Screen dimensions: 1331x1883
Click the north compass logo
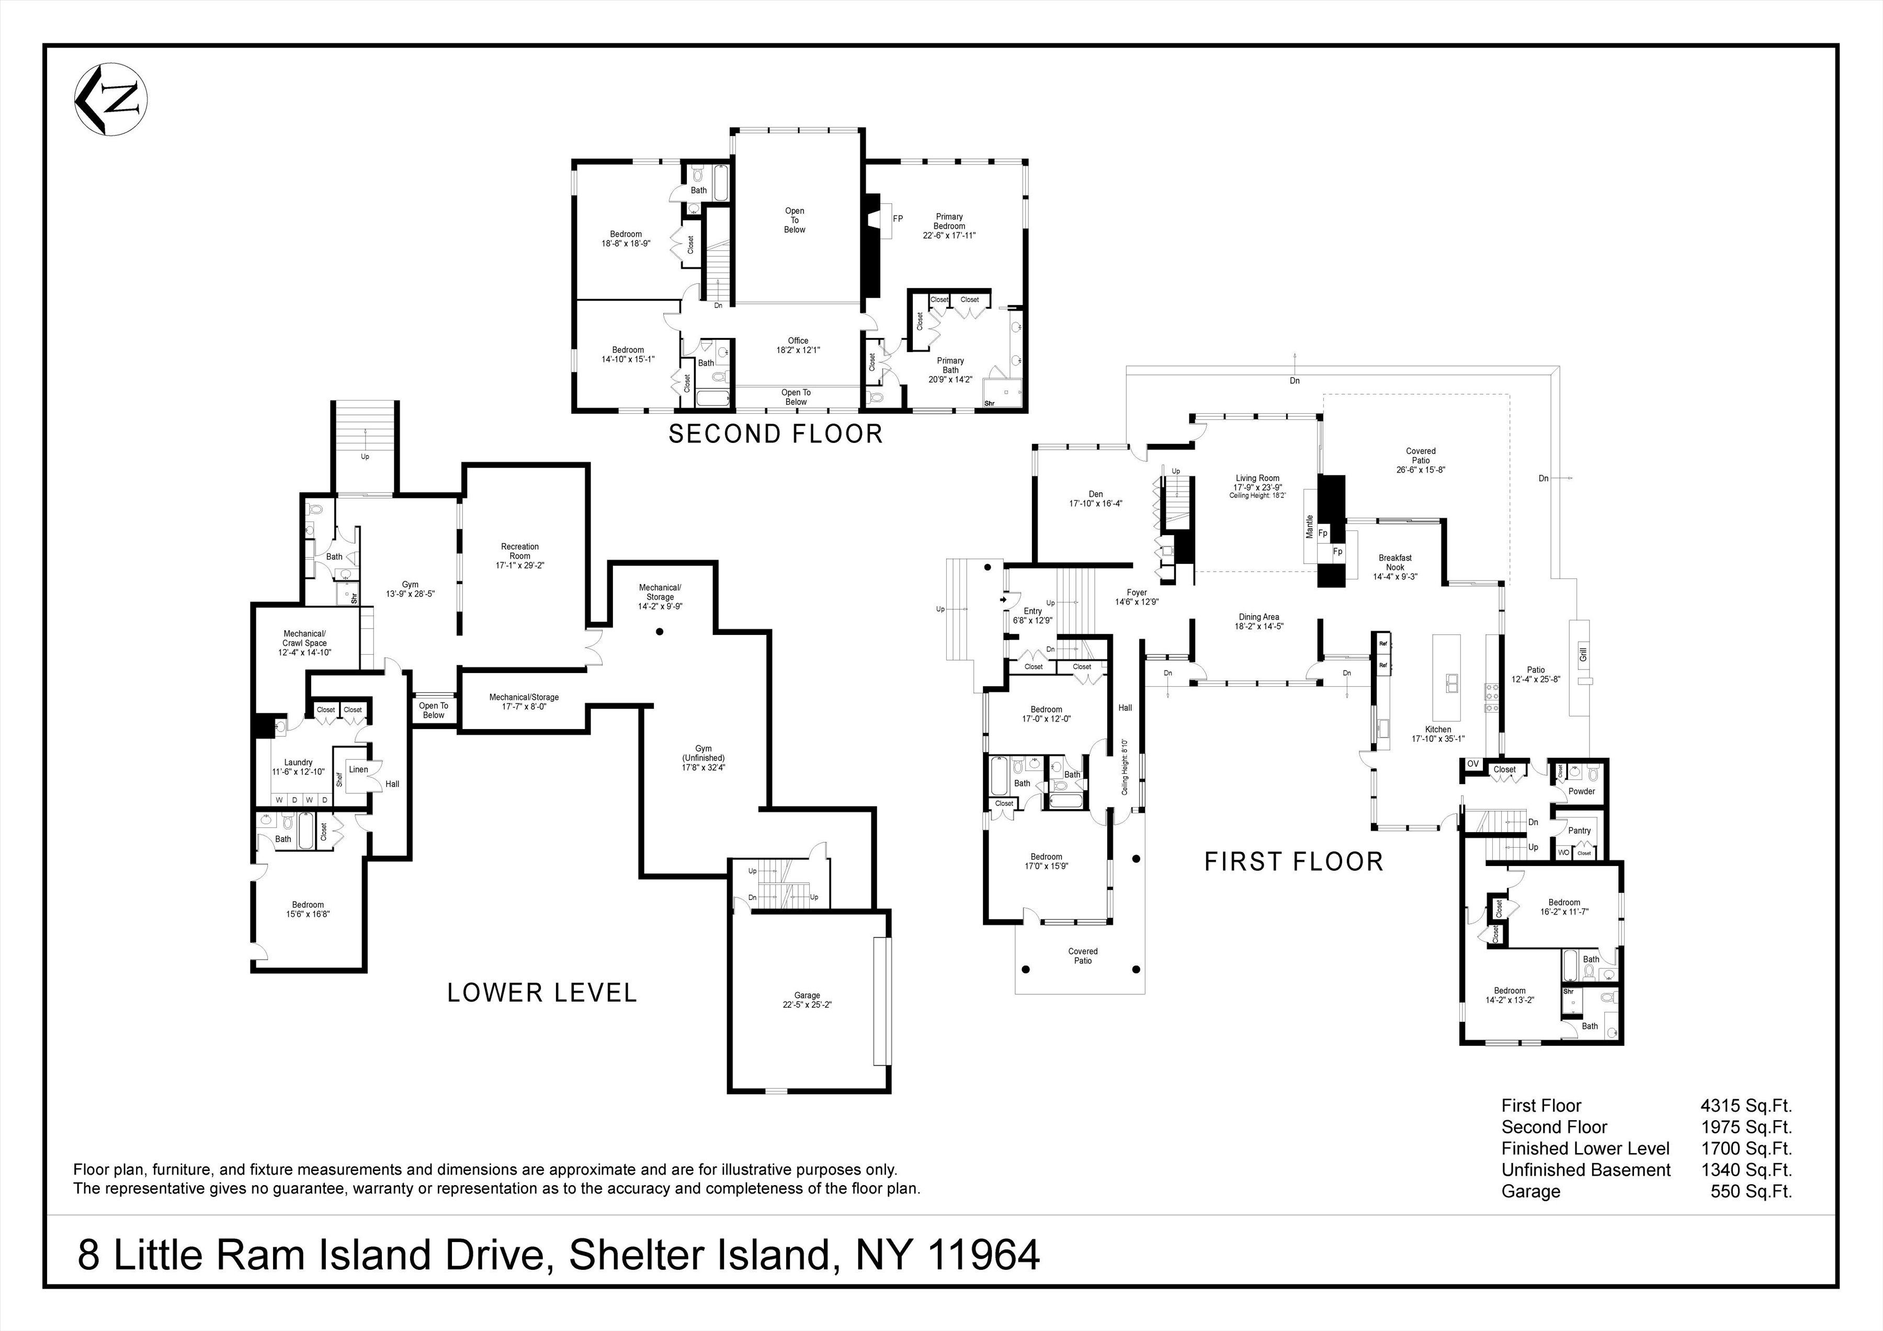pyautogui.click(x=111, y=98)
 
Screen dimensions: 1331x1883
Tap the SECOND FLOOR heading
pyautogui.click(x=775, y=434)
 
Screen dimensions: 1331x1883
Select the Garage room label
pyautogui.click(x=807, y=999)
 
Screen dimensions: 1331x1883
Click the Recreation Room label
pyautogui.click(x=520, y=555)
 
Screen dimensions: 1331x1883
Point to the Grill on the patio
pyautogui.click(x=1583, y=654)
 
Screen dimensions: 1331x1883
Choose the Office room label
pyautogui.click(x=798, y=345)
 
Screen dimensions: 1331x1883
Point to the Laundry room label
pyautogui.click(x=299, y=767)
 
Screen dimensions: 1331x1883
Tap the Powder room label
pyautogui.click(x=1581, y=791)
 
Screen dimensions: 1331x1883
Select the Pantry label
pyautogui.click(x=1579, y=831)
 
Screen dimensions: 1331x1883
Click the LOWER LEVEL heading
pyautogui.click(x=541, y=993)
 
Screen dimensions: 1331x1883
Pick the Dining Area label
pyautogui.click(x=1259, y=621)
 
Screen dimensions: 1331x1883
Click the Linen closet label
pyautogui.click(x=358, y=769)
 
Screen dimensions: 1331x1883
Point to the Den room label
pyautogui.click(x=1096, y=498)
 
